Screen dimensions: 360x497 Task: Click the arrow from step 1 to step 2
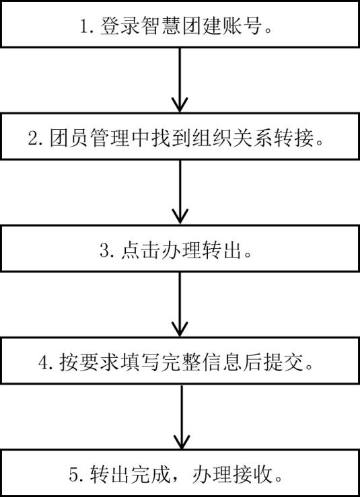180,80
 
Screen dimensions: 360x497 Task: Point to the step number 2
33,139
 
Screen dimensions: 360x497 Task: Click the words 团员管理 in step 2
89,138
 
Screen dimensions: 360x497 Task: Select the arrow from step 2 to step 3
180,192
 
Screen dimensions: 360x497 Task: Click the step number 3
104,251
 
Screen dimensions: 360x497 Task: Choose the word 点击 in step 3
141,251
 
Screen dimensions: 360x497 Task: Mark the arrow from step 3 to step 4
180,304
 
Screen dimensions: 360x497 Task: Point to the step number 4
43,363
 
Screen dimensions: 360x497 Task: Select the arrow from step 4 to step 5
182,417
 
